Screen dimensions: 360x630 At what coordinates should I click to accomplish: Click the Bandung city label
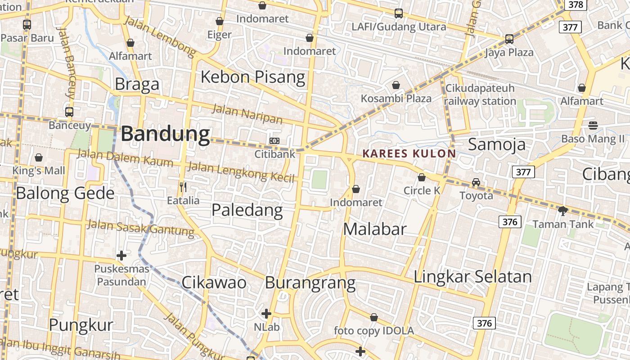[x=165, y=134]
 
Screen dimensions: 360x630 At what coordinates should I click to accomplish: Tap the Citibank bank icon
[x=274, y=141]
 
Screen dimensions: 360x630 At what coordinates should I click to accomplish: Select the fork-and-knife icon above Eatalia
[x=183, y=187]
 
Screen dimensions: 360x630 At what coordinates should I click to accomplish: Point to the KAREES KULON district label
[x=409, y=153]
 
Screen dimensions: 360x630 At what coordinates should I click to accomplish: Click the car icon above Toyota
[x=476, y=182]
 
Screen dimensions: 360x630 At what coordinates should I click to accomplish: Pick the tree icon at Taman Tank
[x=562, y=210]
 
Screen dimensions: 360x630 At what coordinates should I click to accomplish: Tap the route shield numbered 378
[x=576, y=5]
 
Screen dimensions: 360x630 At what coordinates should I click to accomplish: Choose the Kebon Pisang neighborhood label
[x=253, y=77]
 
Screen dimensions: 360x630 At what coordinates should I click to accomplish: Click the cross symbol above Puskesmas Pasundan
[x=121, y=256]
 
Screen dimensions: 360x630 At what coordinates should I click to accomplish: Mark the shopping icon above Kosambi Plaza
[x=396, y=85]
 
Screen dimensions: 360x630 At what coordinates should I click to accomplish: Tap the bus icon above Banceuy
[x=69, y=112]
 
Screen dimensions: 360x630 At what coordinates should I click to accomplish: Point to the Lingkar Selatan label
[x=472, y=276]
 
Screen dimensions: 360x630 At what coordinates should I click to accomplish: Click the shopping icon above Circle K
[x=422, y=177]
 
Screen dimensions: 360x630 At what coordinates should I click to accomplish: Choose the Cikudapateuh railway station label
[x=480, y=94]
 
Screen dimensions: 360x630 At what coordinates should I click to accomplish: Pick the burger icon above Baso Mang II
[x=593, y=125]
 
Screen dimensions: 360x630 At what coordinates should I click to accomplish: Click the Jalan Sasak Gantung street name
[x=140, y=228]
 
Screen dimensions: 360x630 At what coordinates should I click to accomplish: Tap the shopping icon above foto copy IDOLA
[x=374, y=317]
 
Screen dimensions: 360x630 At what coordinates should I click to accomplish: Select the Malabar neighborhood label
[x=375, y=229]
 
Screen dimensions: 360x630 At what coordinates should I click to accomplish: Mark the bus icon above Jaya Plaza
[x=509, y=39]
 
